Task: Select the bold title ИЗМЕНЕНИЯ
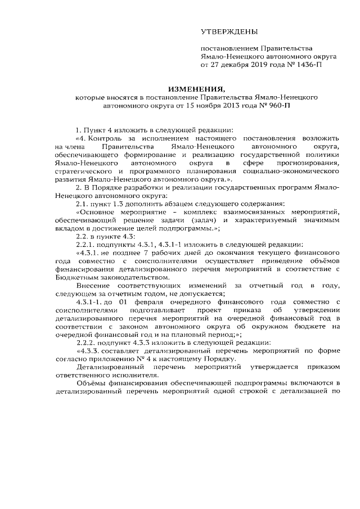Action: point(195,89)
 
